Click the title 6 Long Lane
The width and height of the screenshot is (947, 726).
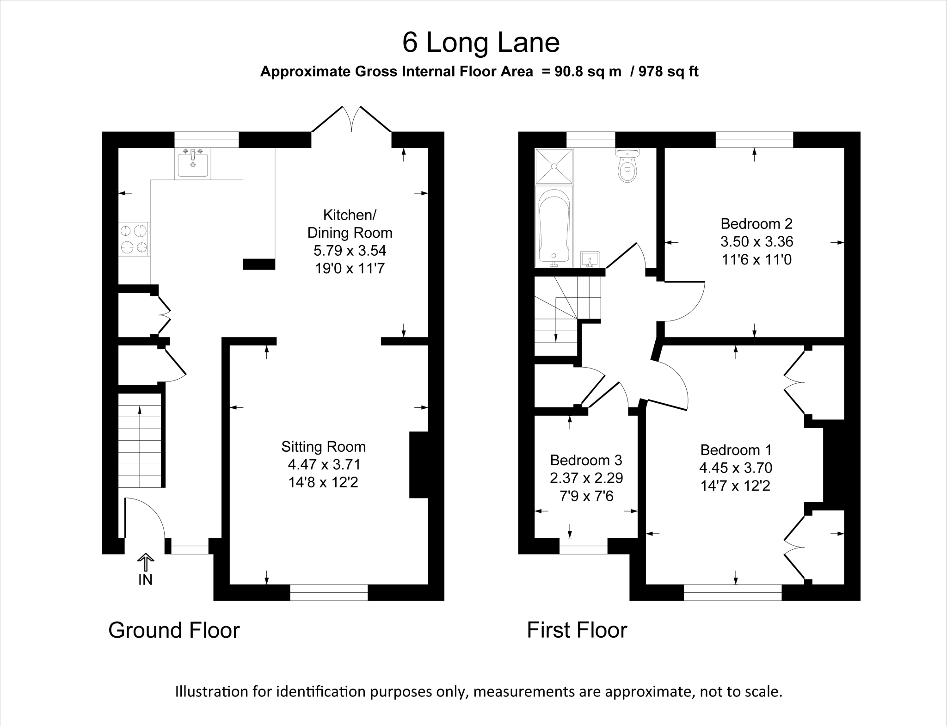point(481,43)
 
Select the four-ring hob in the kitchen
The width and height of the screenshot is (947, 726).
point(134,239)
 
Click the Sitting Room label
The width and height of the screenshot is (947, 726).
point(323,447)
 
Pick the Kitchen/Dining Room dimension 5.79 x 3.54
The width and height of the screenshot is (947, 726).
point(350,251)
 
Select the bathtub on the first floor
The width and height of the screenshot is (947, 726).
point(554,227)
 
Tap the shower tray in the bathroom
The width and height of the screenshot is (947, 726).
point(554,166)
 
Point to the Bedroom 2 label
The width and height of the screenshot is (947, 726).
point(756,224)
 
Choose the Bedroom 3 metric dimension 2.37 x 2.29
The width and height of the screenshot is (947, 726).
point(586,478)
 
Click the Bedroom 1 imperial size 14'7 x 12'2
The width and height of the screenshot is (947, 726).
point(735,486)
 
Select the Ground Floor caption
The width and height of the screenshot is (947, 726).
point(174,630)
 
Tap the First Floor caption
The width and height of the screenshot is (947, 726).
point(577,630)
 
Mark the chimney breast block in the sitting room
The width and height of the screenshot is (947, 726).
point(419,465)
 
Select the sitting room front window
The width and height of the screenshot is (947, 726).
point(329,592)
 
